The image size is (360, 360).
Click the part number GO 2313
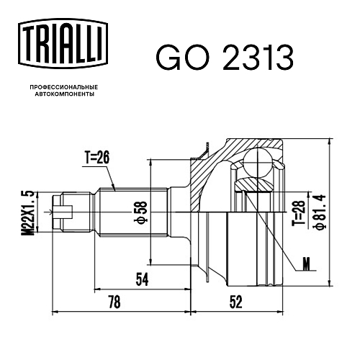[x=225, y=58]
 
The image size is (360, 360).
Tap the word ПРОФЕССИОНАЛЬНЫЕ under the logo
[x=64, y=87]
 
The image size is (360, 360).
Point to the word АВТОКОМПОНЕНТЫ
[x=65, y=94]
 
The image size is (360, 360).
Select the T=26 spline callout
[x=97, y=158]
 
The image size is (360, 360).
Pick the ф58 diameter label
[x=142, y=212]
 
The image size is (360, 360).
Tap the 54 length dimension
[x=142, y=279]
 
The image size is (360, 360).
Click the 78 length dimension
[x=114, y=302]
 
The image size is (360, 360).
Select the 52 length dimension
[x=236, y=302]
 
